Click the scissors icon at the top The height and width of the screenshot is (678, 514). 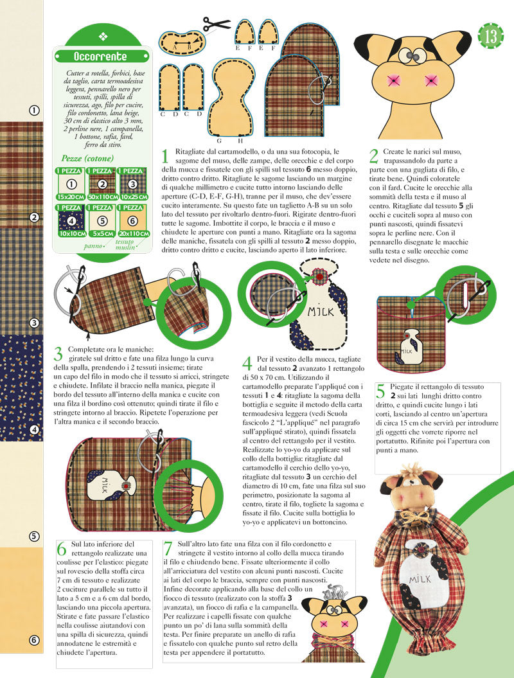(216, 24)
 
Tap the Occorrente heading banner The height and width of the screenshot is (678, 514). (100, 57)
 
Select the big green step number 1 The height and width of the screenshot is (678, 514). (164, 156)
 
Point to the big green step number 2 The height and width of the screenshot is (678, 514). (374, 156)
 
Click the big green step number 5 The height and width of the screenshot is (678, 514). (380, 391)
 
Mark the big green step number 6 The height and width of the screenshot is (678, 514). (62, 549)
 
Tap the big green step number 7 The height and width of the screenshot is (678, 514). (168, 549)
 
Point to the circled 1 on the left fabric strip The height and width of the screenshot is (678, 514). (34, 111)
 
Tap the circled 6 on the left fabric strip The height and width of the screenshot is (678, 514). (34, 639)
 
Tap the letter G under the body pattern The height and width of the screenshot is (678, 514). (218, 140)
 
